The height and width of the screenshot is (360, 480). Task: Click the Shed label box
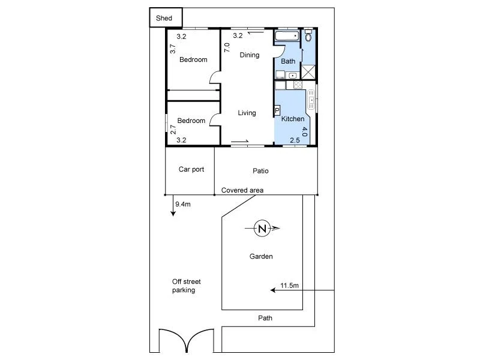tap(164, 18)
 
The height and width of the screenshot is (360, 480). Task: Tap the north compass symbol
tap(262, 228)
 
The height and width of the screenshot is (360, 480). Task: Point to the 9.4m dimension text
tap(182, 205)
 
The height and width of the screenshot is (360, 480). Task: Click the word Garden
tap(261, 257)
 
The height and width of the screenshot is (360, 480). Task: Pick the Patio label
tap(260, 171)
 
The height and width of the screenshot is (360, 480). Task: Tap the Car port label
tap(191, 169)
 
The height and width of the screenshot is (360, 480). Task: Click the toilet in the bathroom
tap(308, 36)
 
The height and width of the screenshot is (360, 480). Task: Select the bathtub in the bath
tap(287, 37)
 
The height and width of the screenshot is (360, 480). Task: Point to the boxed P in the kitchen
tap(277, 110)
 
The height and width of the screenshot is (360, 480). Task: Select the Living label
tap(247, 113)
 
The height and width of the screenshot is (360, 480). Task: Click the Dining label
tap(250, 55)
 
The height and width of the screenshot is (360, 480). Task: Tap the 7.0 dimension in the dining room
tap(227, 47)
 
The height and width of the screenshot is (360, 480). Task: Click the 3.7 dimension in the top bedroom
tap(172, 49)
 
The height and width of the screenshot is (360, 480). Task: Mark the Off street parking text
tap(187, 286)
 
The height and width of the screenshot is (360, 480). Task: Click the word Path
tap(265, 318)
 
